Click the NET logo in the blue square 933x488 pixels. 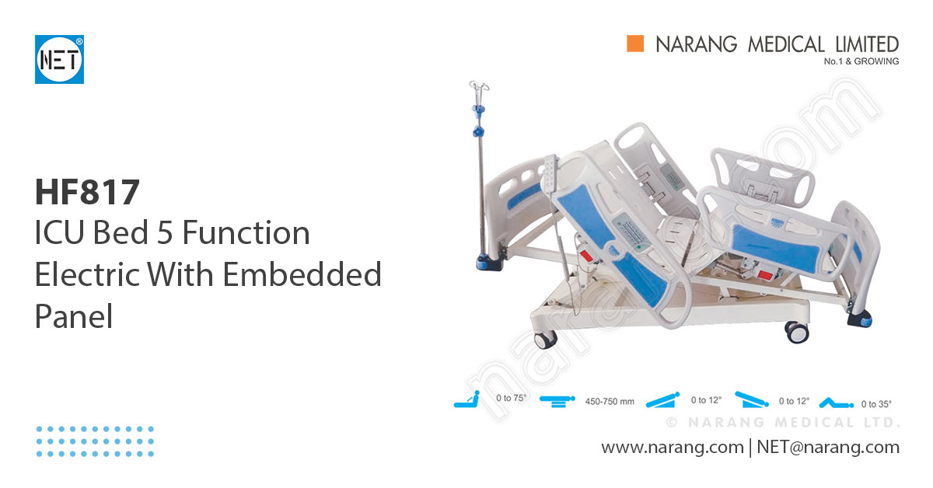point(59,59)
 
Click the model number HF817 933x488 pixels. point(87,192)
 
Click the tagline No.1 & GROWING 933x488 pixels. point(860,61)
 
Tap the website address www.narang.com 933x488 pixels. point(672,448)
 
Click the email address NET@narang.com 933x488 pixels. point(827,448)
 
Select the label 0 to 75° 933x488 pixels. point(511,399)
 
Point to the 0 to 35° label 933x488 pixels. point(876,404)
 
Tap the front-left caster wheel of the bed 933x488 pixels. point(547,339)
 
